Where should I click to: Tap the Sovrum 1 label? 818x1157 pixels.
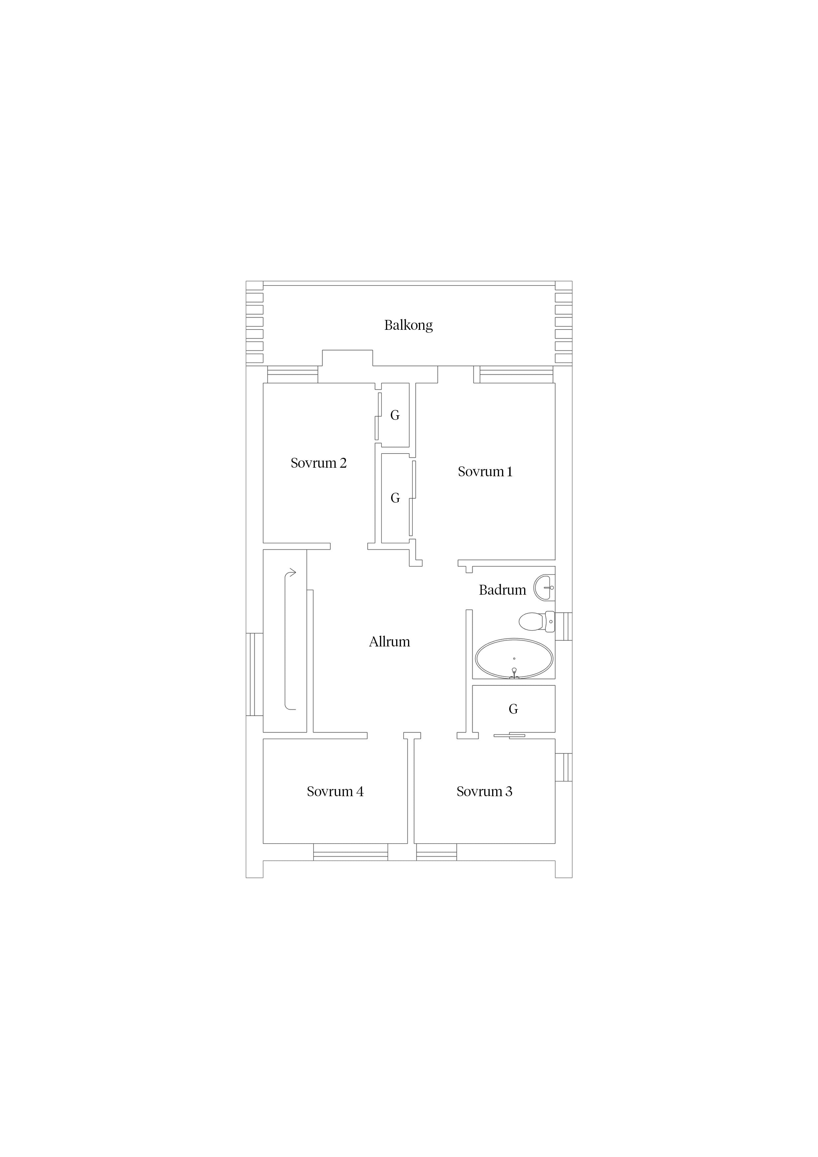tap(485, 472)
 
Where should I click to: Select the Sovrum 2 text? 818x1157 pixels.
tap(319, 463)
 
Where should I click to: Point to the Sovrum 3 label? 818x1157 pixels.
tap(484, 792)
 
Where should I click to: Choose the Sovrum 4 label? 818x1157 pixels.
tap(335, 792)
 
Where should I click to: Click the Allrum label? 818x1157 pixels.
tap(390, 642)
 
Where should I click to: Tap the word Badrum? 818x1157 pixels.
tap(502, 590)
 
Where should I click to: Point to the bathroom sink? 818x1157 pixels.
tap(544, 588)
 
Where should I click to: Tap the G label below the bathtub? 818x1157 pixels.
tap(513, 709)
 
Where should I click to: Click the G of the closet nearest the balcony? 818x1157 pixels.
tap(395, 415)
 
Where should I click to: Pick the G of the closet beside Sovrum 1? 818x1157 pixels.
tap(395, 498)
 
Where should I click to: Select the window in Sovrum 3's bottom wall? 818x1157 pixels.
tap(436, 852)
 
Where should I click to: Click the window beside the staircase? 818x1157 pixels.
tap(255, 674)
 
